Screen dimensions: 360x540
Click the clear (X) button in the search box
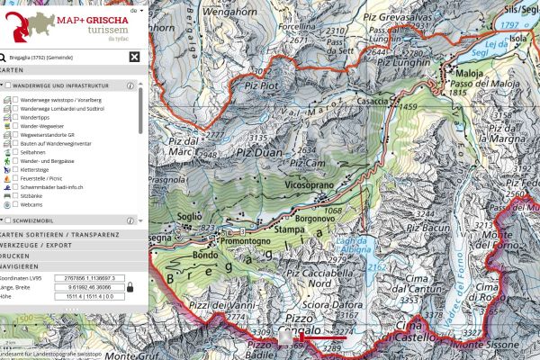[x=134, y=57]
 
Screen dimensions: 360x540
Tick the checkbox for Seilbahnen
[x=15, y=155]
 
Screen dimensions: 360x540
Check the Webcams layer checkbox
[x=15, y=204]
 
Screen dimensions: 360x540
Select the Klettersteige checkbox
[x=15, y=167]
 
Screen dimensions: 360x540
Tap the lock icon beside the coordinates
[x=130, y=286]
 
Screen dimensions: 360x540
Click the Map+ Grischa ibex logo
[x=26, y=24]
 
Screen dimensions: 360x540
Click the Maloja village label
[x=469, y=74]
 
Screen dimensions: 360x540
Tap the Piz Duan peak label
[x=259, y=154]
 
